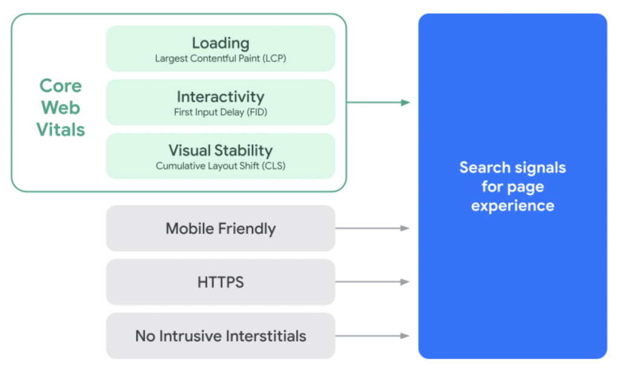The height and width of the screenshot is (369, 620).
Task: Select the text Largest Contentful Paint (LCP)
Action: (x=220, y=59)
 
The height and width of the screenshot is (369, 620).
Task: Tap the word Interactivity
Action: (x=220, y=97)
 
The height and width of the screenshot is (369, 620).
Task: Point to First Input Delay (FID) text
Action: (x=220, y=112)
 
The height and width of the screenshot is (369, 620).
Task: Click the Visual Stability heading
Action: (x=220, y=151)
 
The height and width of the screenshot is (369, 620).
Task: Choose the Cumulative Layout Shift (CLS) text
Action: (x=220, y=165)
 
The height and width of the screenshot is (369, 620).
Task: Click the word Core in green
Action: (x=61, y=86)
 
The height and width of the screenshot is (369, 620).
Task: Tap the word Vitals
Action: (x=61, y=130)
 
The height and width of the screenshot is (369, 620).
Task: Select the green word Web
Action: (x=61, y=108)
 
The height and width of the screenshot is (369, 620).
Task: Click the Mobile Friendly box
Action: (x=220, y=228)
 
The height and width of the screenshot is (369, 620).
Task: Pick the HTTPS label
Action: (x=220, y=282)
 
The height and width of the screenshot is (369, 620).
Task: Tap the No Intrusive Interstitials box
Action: (x=220, y=336)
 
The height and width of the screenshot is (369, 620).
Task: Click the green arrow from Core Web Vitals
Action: (x=378, y=102)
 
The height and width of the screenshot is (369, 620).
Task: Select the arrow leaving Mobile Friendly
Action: (x=372, y=228)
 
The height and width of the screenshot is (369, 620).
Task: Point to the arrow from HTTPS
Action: (x=372, y=282)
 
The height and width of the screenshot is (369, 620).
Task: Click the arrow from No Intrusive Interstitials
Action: (x=372, y=336)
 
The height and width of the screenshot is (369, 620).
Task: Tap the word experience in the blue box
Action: (x=512, y=206)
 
